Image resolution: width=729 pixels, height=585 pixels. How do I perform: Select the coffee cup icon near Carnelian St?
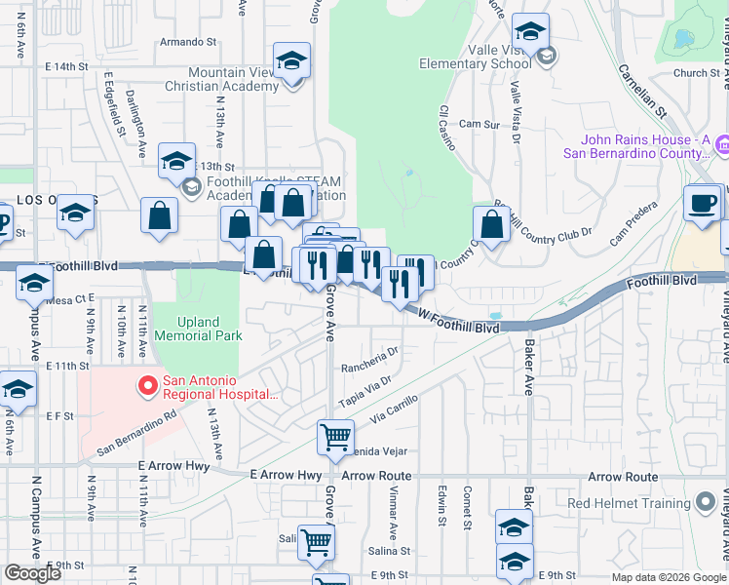click(702, 204)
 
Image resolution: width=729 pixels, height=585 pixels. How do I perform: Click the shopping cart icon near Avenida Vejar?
click(335, 436)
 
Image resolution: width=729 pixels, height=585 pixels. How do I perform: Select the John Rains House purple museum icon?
click(723, 146)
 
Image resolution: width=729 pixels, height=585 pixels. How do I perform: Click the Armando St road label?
click(187, 42)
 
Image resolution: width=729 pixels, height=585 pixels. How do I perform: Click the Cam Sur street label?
click(479, 125)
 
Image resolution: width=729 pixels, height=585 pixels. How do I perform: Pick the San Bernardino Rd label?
click(136, 428)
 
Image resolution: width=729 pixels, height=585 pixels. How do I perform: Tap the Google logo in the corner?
click(32, 573)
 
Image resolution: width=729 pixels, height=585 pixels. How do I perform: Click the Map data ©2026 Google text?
click(669, 577)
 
